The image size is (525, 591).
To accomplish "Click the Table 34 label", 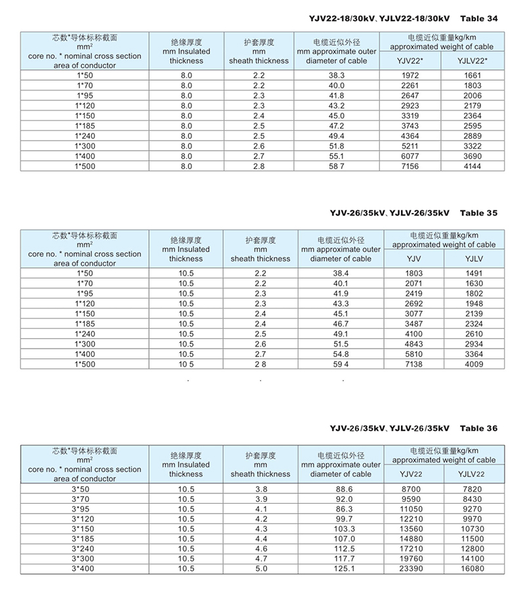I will (x=479, y=18).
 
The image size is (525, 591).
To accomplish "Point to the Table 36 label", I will (x=479, y=429).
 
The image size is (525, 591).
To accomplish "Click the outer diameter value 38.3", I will (x=337, y=76).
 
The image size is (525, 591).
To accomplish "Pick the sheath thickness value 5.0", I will (x=261, y=569).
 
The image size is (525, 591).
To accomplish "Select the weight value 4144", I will (x=470, y=166).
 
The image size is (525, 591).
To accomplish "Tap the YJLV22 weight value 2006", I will (x=470, y=96).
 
